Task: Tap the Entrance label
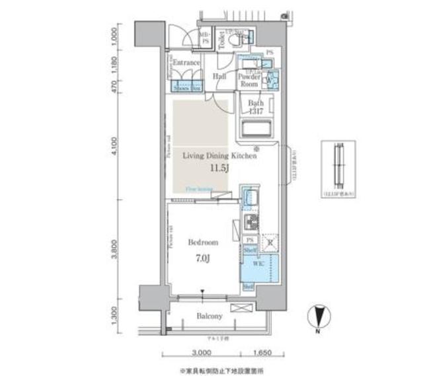coord(186,63)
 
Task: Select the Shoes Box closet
coord(186,87)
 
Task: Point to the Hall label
coord(220,77)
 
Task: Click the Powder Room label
coord(249,81)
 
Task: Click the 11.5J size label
coord(219,169)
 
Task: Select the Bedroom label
coord(202,243)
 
